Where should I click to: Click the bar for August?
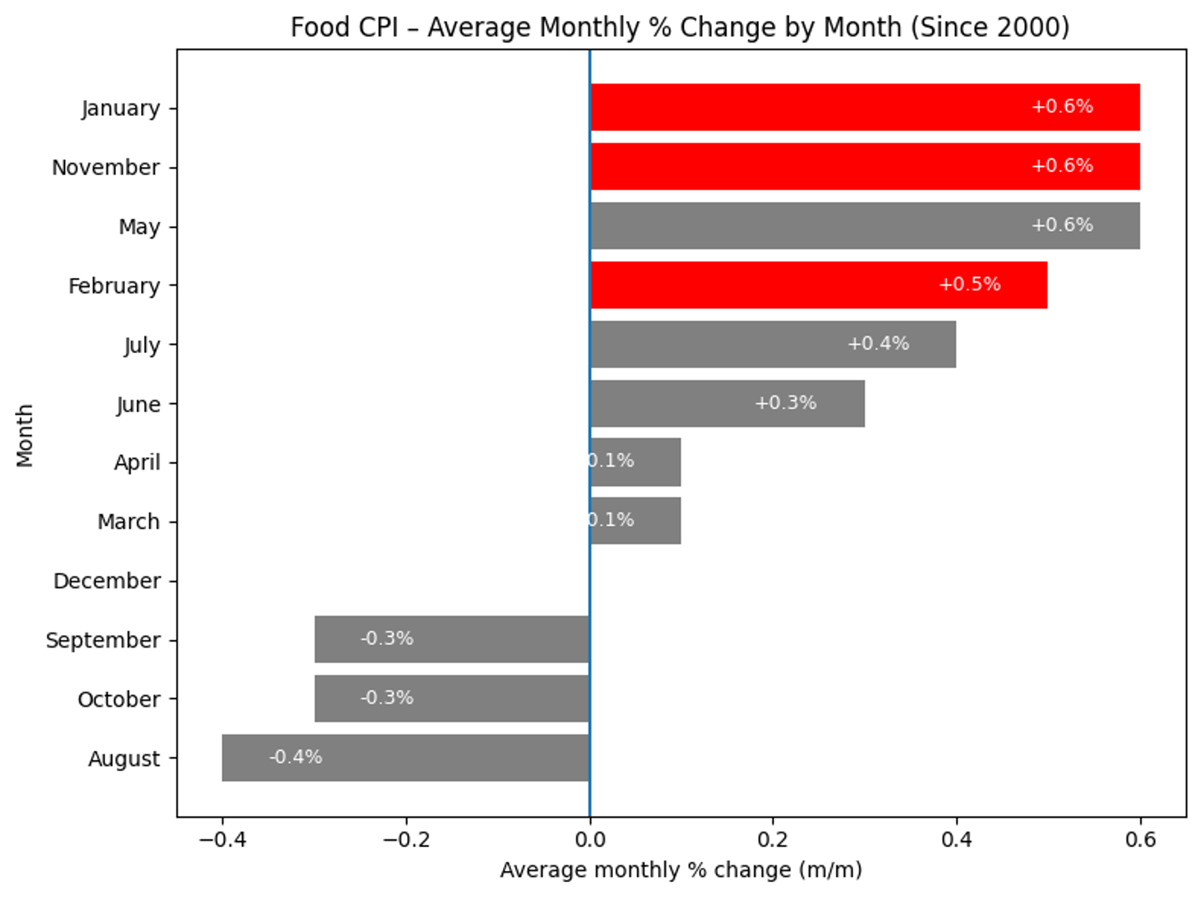click(x=405, y=758)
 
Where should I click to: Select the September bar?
click(x=451, y=639)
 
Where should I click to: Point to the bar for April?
click(x=636, y=462)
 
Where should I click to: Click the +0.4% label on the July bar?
click(x=877, y=344)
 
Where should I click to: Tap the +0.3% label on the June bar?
click(x=785, y=403)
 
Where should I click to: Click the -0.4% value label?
click(x=295, y=757)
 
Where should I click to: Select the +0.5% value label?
click(x=969, y=285)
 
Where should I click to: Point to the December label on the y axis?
click(x=107, y=581)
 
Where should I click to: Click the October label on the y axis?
click(x=118, y=699)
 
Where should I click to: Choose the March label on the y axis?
click(x=128, y=522)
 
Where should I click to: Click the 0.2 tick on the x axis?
click(x=773, y=839)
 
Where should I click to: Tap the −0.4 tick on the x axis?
click(x=222, y=839)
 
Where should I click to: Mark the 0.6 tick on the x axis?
click(x=1140, y=839)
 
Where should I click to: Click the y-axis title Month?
click(x=24, y=436)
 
